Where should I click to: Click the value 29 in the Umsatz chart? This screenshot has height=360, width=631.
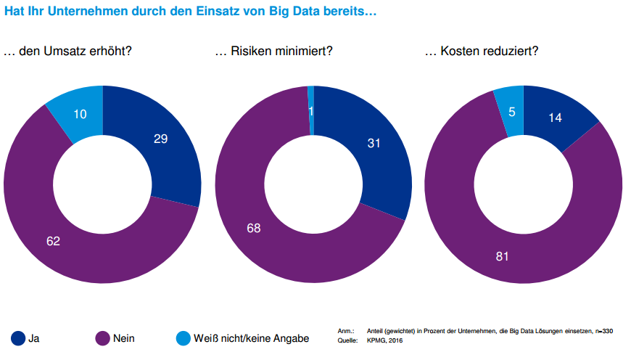pyautogui.click(x=161, y=139)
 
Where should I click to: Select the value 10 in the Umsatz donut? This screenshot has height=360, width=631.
pyautogui.click(x=80, y=114)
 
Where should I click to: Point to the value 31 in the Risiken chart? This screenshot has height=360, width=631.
pyautogui.click(x=374, y=144)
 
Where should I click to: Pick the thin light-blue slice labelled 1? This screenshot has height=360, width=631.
pyautogui.click(x=311, y=110)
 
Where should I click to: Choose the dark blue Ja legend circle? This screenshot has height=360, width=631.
pyautogui.click(x=18, y=337)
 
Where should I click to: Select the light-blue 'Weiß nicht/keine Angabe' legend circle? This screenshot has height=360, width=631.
pyautogui.click(x=183, y=337)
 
